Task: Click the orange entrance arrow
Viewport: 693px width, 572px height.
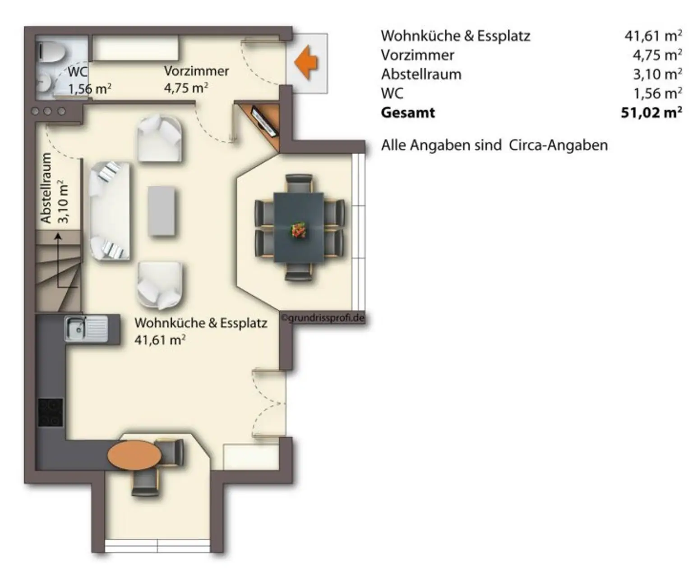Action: tap(307, 63)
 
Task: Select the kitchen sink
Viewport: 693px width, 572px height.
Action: tap(86, 329)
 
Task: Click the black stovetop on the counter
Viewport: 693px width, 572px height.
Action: tap(51, 412)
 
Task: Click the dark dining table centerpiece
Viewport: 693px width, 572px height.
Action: tap(298, 229)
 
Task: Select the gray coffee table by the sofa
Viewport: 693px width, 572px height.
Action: tap(162, 211)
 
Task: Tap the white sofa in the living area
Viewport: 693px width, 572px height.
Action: tap(110, 211)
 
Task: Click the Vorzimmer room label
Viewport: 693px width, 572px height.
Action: tap(196, 71)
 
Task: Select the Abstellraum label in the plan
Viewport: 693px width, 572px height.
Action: tap(46, 188)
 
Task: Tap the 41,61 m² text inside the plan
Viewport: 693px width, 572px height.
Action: tap(160, 340)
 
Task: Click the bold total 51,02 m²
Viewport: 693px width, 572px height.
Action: tap(651, 112)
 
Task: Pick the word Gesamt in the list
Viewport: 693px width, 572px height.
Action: tap(408, 112)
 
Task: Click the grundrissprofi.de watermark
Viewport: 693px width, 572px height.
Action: tap(323, 318)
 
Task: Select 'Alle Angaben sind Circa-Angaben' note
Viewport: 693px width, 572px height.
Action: tap(494, 145)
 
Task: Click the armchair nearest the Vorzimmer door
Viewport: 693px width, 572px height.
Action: tap(160, 138)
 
